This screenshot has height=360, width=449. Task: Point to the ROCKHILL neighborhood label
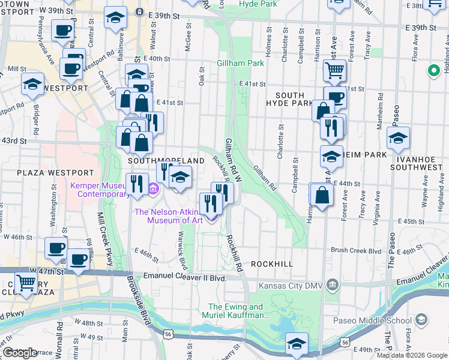tap(272, 264)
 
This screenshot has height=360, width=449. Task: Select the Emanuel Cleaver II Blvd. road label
tap(184, 277)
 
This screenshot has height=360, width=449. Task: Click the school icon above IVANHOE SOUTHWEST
tap(398, 139)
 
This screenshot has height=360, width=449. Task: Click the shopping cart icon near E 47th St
tap(26, 283)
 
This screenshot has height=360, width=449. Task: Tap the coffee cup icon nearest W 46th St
tap(57, 247)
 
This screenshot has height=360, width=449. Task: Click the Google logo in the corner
tap(20, 353)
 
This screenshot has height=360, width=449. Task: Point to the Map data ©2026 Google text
tap(412, 355)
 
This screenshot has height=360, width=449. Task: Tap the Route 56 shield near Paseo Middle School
tap(344, 341)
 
